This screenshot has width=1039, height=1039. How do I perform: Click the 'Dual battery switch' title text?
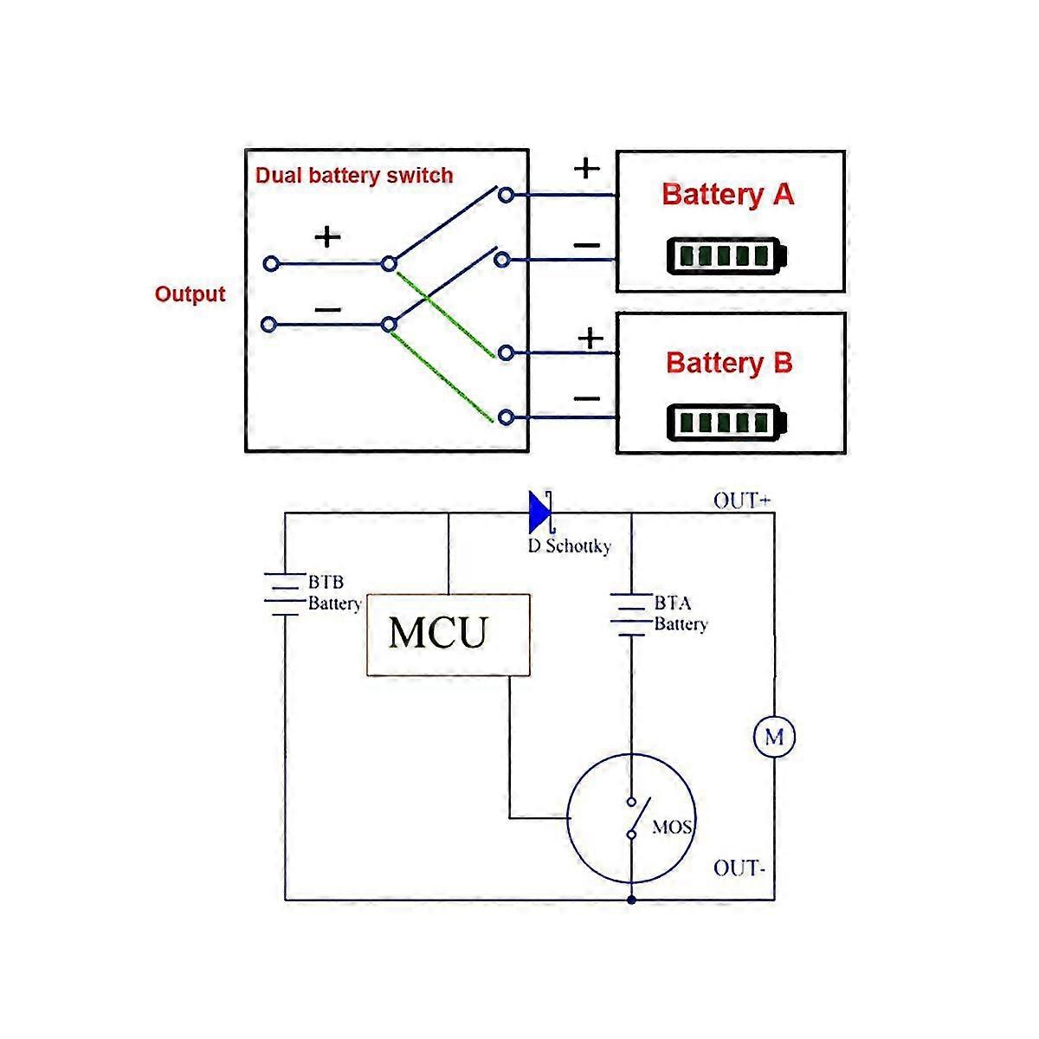[x=353, y=176]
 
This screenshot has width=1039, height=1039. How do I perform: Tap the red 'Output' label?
[x=190, y=294]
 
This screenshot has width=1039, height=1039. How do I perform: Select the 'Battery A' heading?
[x=727, y=194]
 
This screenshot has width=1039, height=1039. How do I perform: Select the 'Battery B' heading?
[x=729, y=362]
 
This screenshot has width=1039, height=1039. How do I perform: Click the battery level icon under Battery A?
[x=727, y=256]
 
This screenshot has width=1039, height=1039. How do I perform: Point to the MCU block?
[x=449, y=635]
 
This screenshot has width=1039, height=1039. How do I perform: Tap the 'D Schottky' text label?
[x=569, y=546]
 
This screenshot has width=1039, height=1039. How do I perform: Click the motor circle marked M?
[x=773, y=738]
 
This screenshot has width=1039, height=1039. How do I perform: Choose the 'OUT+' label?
[x=741, y=500]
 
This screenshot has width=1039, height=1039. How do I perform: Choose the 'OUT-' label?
[x=739, y=868]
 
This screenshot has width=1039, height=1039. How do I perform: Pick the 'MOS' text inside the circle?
[x=672, y=827]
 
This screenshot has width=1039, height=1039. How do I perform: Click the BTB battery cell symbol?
[x=285, y=593]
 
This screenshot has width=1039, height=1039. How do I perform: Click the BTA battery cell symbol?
[x=631, y=614]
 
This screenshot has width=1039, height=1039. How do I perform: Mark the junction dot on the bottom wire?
[x=632, y=900]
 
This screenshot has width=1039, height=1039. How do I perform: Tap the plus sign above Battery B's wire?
[x=590, y=337]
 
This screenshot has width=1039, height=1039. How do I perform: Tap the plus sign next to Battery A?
[x=586, y=167]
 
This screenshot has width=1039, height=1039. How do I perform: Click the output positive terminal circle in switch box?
[x=271, y=262]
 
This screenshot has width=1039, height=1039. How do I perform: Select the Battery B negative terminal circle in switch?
[x=507, y=418]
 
